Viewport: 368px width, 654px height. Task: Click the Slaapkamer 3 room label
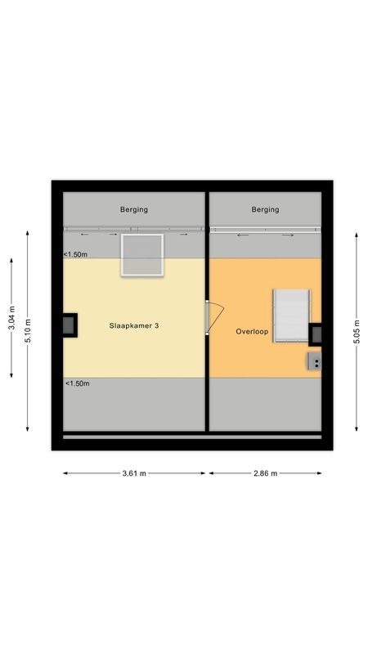pos(134,325)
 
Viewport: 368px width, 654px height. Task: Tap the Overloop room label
pos(252,332)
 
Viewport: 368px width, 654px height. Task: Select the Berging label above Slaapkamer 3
pos(134,209)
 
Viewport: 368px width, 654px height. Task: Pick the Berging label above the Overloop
pos(265,209)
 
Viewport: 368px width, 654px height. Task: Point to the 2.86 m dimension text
pos(265,473)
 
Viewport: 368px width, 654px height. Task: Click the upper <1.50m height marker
pos(76,254)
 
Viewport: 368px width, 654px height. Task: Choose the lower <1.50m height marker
pos(76,383)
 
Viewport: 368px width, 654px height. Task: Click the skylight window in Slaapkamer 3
pos(141,254)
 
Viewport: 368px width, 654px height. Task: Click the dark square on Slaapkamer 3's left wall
pos(70,325)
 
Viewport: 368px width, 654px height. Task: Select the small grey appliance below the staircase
pos(314,361)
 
